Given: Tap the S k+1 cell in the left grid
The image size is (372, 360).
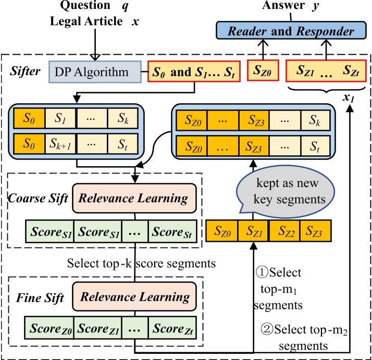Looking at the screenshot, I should coord(61,142).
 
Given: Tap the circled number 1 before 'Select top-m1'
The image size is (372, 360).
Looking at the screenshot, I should coord(260,272).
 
